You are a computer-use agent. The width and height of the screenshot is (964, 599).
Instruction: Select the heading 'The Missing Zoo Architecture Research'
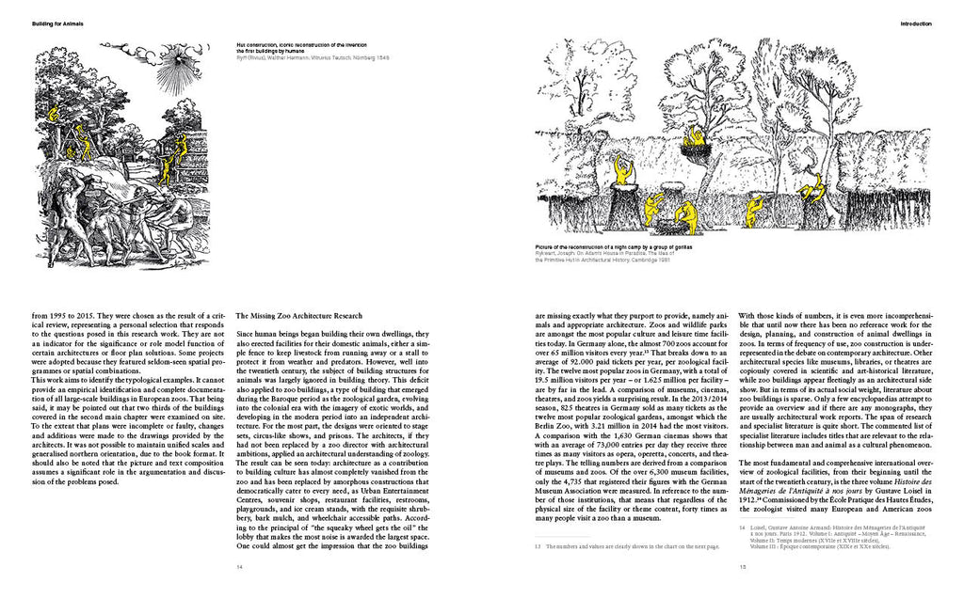coord(299,315)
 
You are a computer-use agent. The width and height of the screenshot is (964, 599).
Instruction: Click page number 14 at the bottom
coord(240,567)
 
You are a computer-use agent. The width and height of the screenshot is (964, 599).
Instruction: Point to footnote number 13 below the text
coord(538,545)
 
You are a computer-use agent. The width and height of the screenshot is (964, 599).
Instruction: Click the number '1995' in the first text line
coord(58,315)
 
